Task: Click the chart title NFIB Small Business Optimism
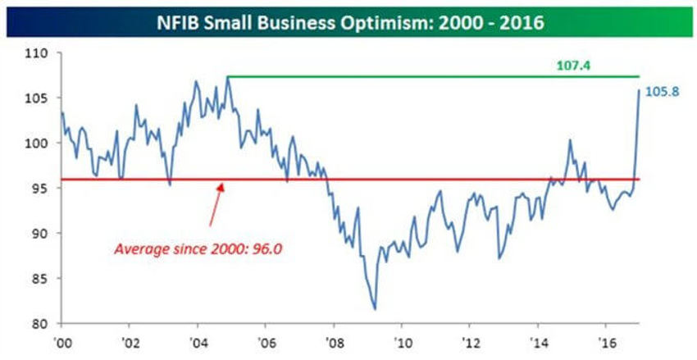click(x=348, y=19)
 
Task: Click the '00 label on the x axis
click(x=61, y=340)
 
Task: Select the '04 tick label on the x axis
click(x=197, y=340)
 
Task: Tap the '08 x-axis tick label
click(x=333, y=340)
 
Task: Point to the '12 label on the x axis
click(x=469, y=340)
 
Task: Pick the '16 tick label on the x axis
click(x=605, y=340)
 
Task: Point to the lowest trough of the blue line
click(x=375, y=309)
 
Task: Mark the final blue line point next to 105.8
click(x=639, y=91)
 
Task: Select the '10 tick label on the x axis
click(x=401, y=340)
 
